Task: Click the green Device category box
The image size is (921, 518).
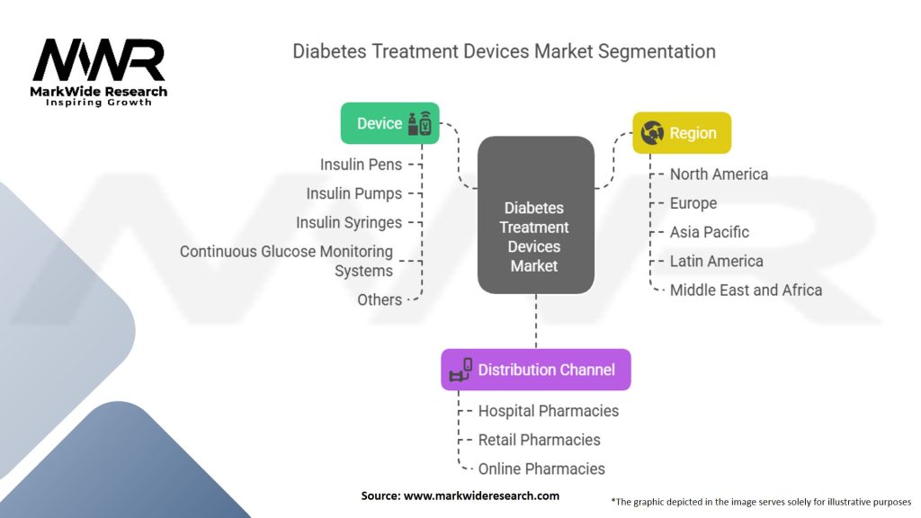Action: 389,123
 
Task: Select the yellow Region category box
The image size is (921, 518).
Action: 682,133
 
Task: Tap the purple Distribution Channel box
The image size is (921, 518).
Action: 535,370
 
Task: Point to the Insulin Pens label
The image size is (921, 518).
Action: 361,165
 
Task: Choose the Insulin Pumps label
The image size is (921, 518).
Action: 353,193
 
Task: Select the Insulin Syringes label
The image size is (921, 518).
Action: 349,222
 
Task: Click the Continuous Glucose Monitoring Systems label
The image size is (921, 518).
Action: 286,261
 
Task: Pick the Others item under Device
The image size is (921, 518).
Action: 380,299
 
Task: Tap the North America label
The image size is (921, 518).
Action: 719,174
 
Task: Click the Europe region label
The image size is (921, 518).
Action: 693,203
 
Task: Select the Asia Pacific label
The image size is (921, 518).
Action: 709,232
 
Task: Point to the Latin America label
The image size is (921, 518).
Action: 716,261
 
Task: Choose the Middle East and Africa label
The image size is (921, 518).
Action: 746,290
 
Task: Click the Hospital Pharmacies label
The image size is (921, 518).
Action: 548,411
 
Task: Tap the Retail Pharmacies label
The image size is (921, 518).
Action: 539,440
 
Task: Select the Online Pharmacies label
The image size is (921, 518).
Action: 541,469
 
